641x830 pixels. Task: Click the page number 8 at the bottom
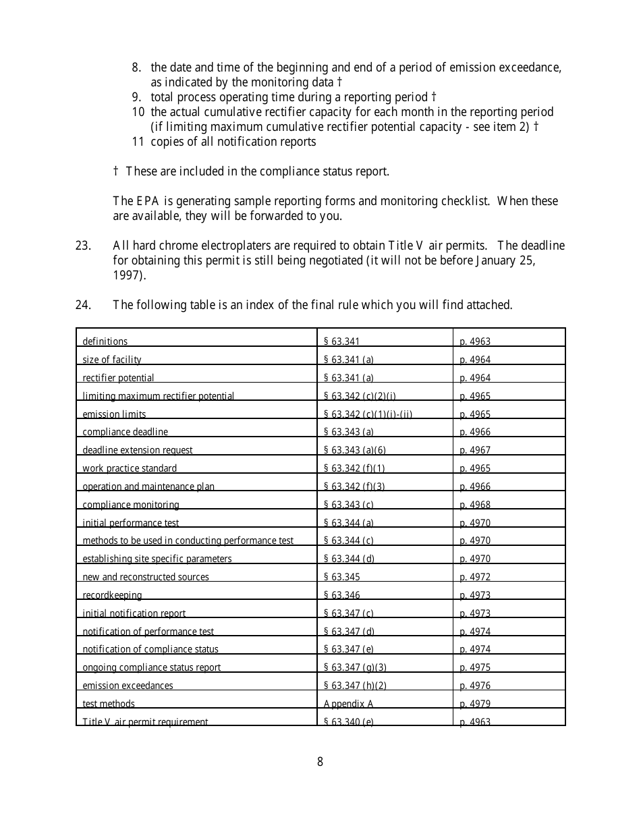(x=320, y=762)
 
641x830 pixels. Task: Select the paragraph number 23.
(x=83, y=246)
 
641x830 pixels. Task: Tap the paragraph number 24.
(x=83, y=305)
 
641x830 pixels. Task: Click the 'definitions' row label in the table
(x=105, y=341)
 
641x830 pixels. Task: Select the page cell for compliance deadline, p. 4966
(x=475, y=432)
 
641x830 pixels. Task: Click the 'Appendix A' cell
(x=348, y=704)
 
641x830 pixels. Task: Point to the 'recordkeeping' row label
(x=112, y=595)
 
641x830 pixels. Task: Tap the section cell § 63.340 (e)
(x=348, y=721)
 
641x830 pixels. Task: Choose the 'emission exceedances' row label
(x=128, y=686)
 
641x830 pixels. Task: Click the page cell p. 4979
(x=475, y=704)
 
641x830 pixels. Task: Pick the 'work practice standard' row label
(x=130, y=468)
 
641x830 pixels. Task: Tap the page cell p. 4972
(x=475, y=577)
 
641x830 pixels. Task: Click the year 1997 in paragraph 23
(x=128, y=275)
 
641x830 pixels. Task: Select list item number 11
(x=138, y=142)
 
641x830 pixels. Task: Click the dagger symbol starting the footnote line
(x=116, y=171)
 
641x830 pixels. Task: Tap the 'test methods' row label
(x=109, y=704)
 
